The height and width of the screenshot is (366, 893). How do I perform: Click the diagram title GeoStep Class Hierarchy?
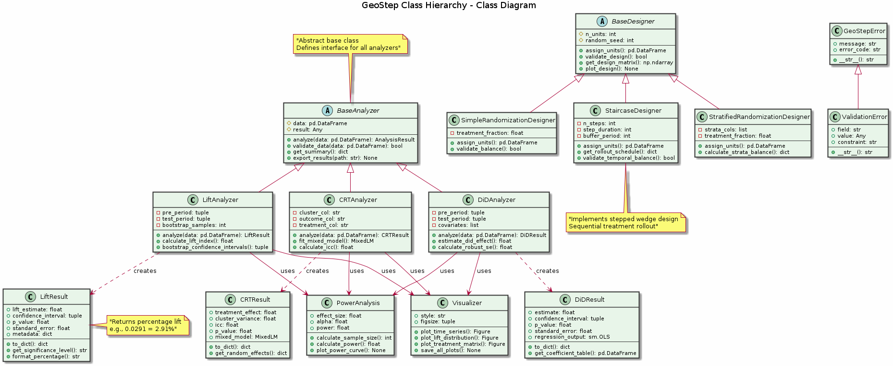point(449,6)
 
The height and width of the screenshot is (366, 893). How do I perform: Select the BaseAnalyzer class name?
point(358,110)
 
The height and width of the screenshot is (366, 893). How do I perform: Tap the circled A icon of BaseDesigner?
point(602,21)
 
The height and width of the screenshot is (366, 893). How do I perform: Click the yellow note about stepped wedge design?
point(625,223)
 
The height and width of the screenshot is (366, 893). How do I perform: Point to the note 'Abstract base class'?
point(350,44)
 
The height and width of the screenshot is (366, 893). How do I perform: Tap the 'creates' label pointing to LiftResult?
point(145,271)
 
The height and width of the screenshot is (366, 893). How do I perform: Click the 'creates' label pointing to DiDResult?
point(547,271)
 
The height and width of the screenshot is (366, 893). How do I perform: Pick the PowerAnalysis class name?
point(358,303)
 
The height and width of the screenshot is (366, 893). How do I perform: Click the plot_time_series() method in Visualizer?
point(455,331)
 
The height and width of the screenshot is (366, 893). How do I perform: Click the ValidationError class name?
point(864,117)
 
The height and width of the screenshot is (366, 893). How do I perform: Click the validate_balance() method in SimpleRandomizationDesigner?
point(489,149)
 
